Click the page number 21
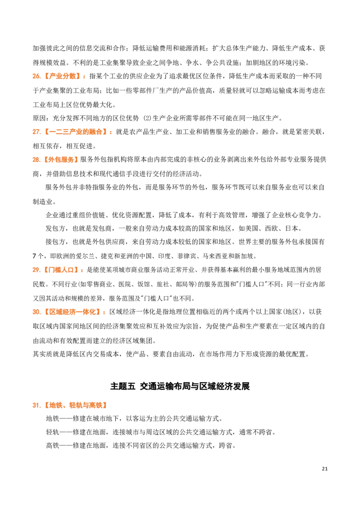[x=324, y=469]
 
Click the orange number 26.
[x=36, y=76]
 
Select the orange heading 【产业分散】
[x=61, y=76]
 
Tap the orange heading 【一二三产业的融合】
[x=75, y=132]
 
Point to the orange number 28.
[x=36, y=160]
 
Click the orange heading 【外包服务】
[x=60, y=160]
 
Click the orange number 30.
[x=36, y=313]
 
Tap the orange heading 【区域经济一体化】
[x=71, y=313]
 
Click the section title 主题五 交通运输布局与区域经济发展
[x=180, y=386]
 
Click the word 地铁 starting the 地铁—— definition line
[x=52, y=419]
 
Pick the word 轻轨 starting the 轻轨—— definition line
[x=52, y=433]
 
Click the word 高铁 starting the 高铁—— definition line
[x=52, y=446]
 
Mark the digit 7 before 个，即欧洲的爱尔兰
[x=35, y=256]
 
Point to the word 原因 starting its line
[x=39, y=118]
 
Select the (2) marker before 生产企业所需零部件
[x=147, y=118]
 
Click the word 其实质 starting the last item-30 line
[x=43, y=354]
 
